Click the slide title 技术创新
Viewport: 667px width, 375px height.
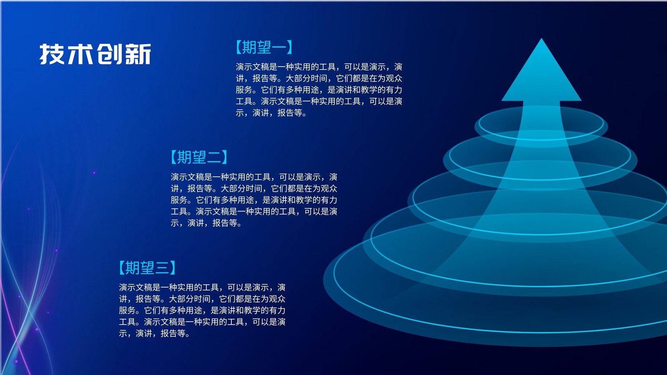coord(95,54)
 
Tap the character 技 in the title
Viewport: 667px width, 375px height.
coord(52,54)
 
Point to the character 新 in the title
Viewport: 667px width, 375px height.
coord(138,54)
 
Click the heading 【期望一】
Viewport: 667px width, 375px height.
coord(264,47)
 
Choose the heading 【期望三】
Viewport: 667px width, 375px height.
coord(148,267)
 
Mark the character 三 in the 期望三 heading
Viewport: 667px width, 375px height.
coord(162,268)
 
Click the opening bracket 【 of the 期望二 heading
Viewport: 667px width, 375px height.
coord(174,157)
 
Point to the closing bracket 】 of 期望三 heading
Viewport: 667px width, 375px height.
coord(173,267)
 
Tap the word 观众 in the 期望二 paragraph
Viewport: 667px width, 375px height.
coord(329,188)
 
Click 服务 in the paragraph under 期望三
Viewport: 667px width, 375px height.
coord(127,310)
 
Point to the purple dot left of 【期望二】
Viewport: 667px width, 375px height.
coord(94,172)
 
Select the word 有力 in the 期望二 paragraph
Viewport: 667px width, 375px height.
coord(329,200)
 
